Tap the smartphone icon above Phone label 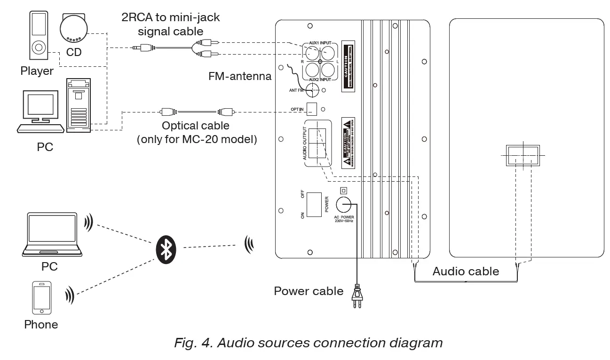pos(41,297)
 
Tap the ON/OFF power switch pos(314,204)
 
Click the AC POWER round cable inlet pos(344,204)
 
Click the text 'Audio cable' pos(465,272)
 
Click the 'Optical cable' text pos(196,126)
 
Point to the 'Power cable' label pos(309,291)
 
